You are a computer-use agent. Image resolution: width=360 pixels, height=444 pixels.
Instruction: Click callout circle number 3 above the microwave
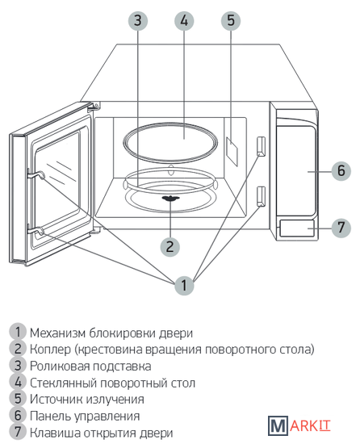(138, 20)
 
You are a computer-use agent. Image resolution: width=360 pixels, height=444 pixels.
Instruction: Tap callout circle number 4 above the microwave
(184, 20)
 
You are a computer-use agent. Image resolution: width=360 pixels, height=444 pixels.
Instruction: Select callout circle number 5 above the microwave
(231, 20)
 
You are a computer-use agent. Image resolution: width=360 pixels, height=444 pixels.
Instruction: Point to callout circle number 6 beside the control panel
(341, 171)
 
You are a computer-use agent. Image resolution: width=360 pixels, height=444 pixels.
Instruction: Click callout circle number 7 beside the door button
(341, 228)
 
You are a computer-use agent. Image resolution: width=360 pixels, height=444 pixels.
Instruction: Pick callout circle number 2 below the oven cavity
(170, 247)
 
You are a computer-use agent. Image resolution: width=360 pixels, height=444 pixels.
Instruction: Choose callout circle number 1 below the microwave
(184, 285)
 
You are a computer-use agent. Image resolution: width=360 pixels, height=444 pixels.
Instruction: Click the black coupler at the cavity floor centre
(170, 199)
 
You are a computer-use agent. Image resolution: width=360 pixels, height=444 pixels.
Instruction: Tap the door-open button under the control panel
(296, 228)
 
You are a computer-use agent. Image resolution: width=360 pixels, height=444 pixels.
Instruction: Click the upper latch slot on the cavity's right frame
(261, 146)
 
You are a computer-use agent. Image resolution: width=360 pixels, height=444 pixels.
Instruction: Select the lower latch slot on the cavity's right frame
(261, 196)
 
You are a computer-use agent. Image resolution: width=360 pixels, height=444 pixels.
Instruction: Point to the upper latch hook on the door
(36, 175)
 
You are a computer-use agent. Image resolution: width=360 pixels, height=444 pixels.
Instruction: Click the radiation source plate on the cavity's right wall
(232, 152)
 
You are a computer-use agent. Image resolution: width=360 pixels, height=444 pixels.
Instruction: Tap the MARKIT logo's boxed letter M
(278, 425)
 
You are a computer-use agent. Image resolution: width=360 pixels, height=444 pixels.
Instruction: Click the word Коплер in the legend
(50, 350)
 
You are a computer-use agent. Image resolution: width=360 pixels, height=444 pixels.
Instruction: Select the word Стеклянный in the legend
(64, 383)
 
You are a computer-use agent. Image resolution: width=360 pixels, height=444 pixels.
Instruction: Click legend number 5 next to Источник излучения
(18, 400)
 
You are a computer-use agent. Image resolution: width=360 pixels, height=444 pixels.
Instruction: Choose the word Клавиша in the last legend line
(56, 433)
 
